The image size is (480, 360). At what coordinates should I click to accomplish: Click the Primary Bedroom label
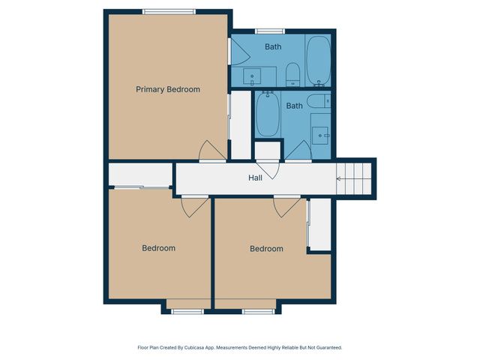tap(168, 89)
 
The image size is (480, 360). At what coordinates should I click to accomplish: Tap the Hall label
tap(255, 178)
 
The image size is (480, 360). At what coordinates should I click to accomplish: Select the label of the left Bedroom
tap(159, 248)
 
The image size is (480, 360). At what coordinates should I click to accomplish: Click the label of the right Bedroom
tap(266, 248)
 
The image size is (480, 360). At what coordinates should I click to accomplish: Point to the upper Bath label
tap(273, 47)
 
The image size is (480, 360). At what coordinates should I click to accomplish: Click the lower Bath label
tap(294, 106)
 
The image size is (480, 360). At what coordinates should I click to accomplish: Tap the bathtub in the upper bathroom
tap(319, 59)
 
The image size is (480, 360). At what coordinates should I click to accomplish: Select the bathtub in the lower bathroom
tap(268, 114)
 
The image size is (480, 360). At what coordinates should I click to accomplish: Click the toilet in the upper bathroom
tap(293, 73)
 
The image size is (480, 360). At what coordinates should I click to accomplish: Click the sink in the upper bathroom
tap(253, 76)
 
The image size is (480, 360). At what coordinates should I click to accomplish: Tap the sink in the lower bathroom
tap(321, 134)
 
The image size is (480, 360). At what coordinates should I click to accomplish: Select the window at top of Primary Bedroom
tap(169, 10)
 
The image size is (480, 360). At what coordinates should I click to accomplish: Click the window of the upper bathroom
tap(266, 31)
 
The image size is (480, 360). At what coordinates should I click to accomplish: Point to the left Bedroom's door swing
tap(193, 205)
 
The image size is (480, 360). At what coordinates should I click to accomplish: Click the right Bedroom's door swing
tap(286, 205)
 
